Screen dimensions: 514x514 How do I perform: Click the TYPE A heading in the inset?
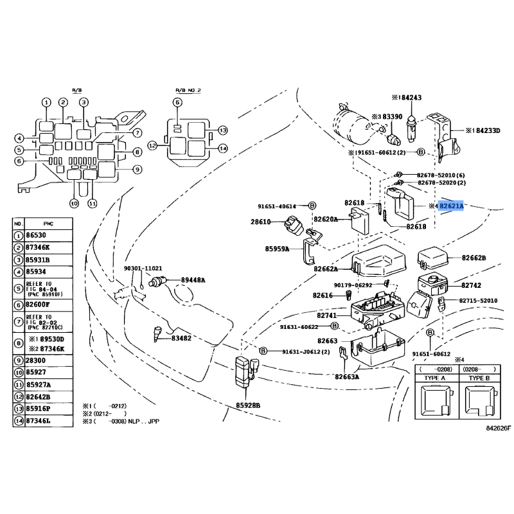[x=434, y=379]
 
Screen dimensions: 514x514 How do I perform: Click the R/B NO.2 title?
[x=188, y=91]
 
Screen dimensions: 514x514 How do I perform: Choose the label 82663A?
[x=347, y=377]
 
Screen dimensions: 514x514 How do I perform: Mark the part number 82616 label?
[x=323, y=296]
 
